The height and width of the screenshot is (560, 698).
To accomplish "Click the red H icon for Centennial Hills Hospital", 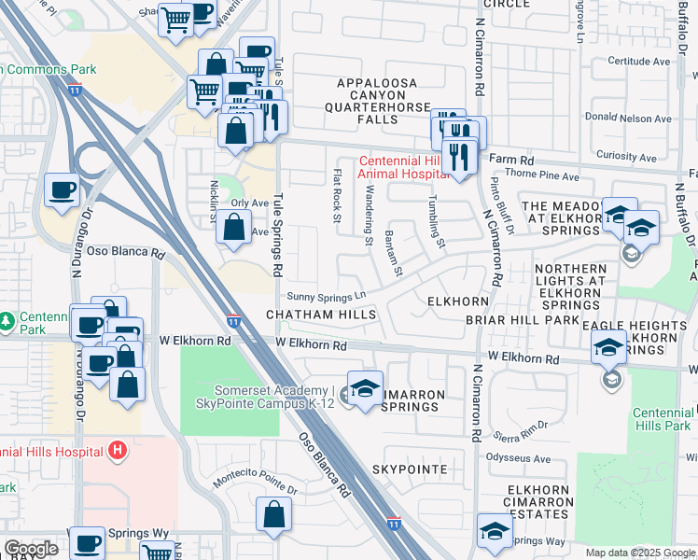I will pos(117,452).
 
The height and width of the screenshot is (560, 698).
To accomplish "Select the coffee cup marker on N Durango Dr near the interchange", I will pos(63,190).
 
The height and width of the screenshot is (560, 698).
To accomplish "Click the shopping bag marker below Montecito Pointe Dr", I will pos(273,514).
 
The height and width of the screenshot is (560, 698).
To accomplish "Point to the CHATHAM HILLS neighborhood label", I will pos(321,315).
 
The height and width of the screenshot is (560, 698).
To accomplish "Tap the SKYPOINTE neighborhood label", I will pos(410,469).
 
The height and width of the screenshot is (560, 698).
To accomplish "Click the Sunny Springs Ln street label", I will pos(326,296).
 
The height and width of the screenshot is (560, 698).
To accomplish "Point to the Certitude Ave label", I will pos(639,62).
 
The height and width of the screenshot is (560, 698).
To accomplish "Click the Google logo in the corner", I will pos(31,549).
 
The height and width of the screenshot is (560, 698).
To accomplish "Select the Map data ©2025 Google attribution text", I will pos(639,553).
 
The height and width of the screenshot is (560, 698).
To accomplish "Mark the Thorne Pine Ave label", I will pos(542,175).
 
